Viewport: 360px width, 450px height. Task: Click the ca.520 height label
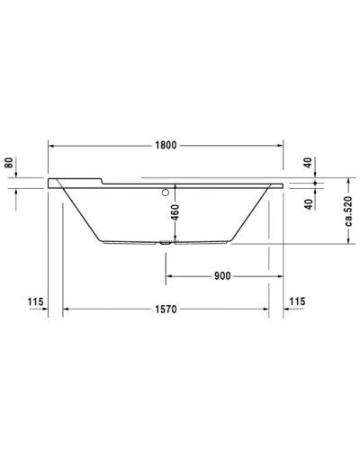click(350, 213)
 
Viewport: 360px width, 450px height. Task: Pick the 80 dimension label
click(8, 163)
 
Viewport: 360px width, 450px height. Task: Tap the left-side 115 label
click(35, 301)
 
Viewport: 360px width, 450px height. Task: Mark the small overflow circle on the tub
click(166, 192)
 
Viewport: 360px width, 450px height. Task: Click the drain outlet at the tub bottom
click(166, 242)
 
